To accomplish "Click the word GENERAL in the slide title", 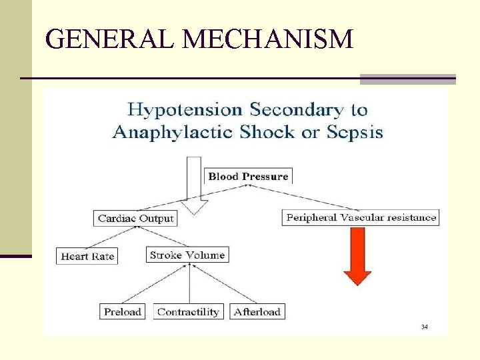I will click(x=111, y=40).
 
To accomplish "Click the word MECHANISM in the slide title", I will click(x=267, y=40).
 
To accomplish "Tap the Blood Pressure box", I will click(x=248, y=177).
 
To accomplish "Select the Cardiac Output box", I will click(x=135, y=218).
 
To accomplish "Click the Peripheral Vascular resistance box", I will click(x=361, y=217).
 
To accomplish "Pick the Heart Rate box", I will click(x=87, y=256).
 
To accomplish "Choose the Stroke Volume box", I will click(x=187, y=255).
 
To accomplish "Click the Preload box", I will click(x=123, y=311).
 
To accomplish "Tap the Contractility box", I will click(x=188, y=311).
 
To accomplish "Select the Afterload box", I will click(x=257, y=311).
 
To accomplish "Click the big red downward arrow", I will click(x=357, y=257).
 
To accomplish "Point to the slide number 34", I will click(x=424, y=327).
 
